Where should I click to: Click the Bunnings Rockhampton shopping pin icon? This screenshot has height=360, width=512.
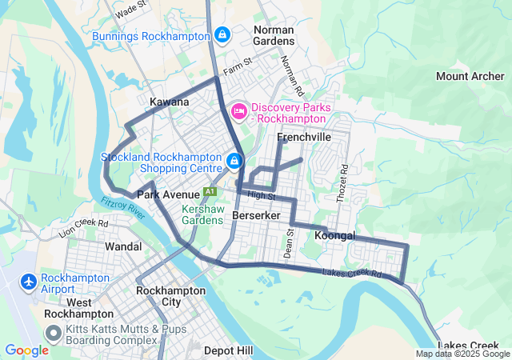222,36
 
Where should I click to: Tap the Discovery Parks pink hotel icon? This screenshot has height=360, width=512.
238,110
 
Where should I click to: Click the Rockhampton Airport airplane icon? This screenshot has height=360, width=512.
29,282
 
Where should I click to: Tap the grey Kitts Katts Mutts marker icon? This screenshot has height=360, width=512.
54,334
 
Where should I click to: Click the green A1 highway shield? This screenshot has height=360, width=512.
210,192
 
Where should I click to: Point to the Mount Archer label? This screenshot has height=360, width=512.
470,77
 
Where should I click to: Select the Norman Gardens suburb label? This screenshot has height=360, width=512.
274,35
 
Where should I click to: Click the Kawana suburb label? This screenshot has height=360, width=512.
170,102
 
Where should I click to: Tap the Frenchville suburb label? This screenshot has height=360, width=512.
303,138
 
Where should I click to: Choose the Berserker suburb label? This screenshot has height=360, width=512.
255,216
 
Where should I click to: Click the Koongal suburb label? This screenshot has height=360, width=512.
335,236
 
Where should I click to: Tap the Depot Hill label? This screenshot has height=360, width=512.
228,350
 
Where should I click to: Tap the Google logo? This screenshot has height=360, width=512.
26,350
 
